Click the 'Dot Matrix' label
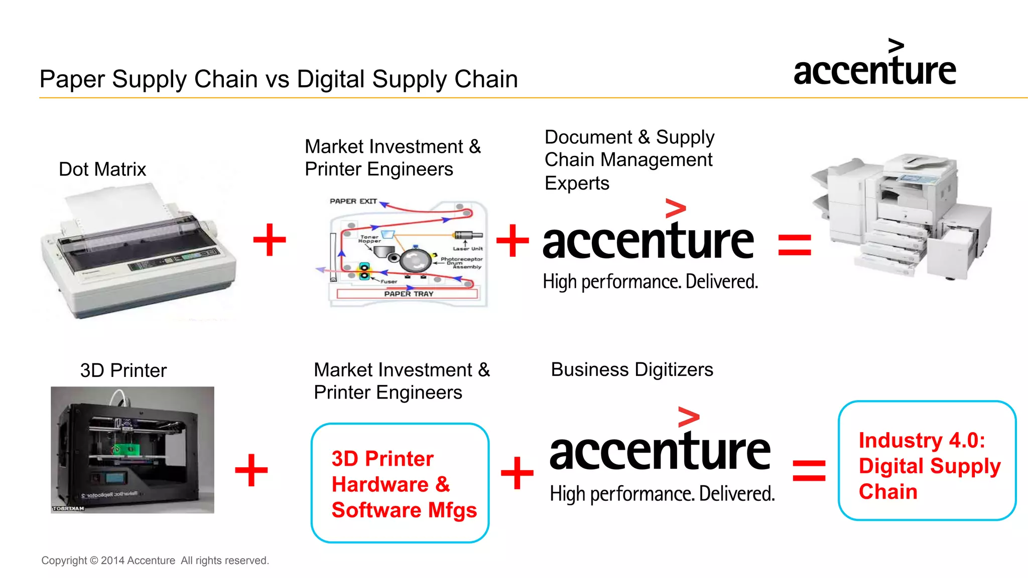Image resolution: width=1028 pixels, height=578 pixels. (102, 169)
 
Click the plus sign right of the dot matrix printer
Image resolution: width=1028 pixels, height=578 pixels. (270, 240)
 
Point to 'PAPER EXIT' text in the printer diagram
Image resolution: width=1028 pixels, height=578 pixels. (353, 201)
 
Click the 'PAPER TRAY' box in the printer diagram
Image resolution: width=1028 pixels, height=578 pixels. (408, 294)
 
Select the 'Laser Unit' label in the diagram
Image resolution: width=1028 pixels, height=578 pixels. (467, 249)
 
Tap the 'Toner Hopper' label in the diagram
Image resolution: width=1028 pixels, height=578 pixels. (369, 239)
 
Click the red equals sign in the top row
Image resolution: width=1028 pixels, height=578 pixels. (795, 245)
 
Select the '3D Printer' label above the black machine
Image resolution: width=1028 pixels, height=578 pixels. (123, 370)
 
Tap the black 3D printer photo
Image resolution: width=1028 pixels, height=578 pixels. (133, 450)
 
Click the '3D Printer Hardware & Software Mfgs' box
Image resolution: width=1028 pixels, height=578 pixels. (400, 483)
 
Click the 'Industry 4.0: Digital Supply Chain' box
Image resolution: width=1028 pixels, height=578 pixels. (927, 461)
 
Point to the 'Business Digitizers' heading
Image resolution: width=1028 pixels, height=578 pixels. (632, 369)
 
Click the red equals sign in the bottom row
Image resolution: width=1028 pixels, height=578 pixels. (809, 470)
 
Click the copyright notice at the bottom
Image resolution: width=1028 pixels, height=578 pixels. (155, 560)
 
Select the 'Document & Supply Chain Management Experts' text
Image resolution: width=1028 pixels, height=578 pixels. (629, 160)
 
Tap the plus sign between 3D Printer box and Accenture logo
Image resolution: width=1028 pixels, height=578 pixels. (517, 473)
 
